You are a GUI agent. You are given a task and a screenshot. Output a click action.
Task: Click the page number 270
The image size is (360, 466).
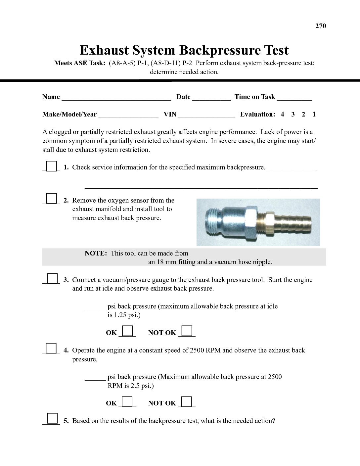(x=321, y=26)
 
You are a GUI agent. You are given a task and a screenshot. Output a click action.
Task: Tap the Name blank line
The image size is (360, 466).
(x=116, y=98)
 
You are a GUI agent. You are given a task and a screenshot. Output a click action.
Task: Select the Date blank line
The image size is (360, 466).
(x=211, y=98)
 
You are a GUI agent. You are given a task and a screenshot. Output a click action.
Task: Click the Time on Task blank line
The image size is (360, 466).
(x=294, y=98)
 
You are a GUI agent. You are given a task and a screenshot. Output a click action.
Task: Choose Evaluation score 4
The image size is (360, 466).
(x=282, y=115)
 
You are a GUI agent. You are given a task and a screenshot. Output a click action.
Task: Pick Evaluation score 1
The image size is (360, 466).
(x=314, y=115)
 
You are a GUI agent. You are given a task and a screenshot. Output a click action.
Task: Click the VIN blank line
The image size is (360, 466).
(x=206, y=116)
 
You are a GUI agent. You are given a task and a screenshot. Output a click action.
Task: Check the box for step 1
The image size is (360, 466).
(x=51, y=166)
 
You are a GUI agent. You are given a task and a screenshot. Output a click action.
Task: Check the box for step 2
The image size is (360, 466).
(x=51, y=199)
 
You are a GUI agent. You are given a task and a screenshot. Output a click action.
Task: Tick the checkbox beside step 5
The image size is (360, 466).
(x=52, y=419)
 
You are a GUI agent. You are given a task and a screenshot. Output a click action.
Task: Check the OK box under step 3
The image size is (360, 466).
(x=127, y=331)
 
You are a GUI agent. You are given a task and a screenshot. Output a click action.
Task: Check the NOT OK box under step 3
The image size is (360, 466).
(x=187, y=331)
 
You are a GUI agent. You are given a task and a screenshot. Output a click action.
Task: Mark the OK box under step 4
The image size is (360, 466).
(x=127, y=401)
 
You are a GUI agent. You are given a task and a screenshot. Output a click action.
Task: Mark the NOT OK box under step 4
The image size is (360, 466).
(x=187, y=401)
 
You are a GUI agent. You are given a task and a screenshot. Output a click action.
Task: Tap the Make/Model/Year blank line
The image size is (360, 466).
(x=128, y=116)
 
